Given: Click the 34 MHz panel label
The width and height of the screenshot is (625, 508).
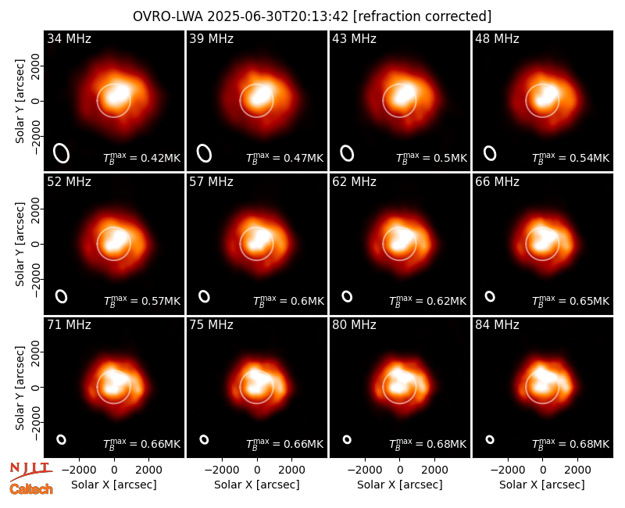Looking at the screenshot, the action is click(69, 38).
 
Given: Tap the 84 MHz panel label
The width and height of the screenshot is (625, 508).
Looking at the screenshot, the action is click(497, 325).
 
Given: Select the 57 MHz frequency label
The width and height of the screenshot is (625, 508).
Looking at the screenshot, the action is click(211, 182).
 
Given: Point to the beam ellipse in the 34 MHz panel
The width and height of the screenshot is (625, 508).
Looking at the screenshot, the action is click(62, 153).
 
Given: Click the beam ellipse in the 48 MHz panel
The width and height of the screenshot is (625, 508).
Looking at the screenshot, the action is click(490, 153).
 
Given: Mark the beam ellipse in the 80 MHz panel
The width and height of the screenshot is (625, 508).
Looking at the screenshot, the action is click(347, 439).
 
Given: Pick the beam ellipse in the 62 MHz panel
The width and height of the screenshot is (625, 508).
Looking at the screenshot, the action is click(347, 296).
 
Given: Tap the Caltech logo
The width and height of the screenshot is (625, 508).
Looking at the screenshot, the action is click(31, 489).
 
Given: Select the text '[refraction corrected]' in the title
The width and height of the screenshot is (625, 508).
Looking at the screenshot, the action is click(423, 16).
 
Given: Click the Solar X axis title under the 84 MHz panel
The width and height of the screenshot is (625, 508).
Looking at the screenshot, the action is click(542, 485).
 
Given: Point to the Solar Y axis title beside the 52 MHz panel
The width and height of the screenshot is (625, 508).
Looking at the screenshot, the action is click(20, 244).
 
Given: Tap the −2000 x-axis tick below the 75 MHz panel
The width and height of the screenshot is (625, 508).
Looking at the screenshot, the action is click(222, 470).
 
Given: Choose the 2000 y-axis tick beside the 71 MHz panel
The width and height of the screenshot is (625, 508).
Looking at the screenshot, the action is click(36, 352).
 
